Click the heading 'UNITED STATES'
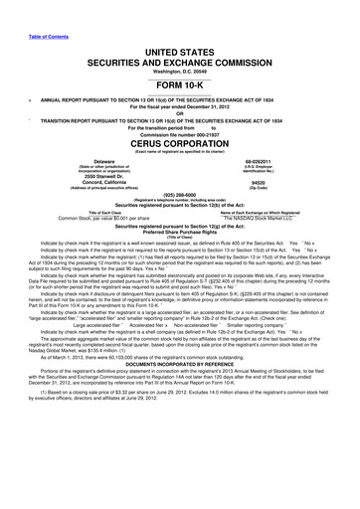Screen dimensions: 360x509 [x=181, y=36]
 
